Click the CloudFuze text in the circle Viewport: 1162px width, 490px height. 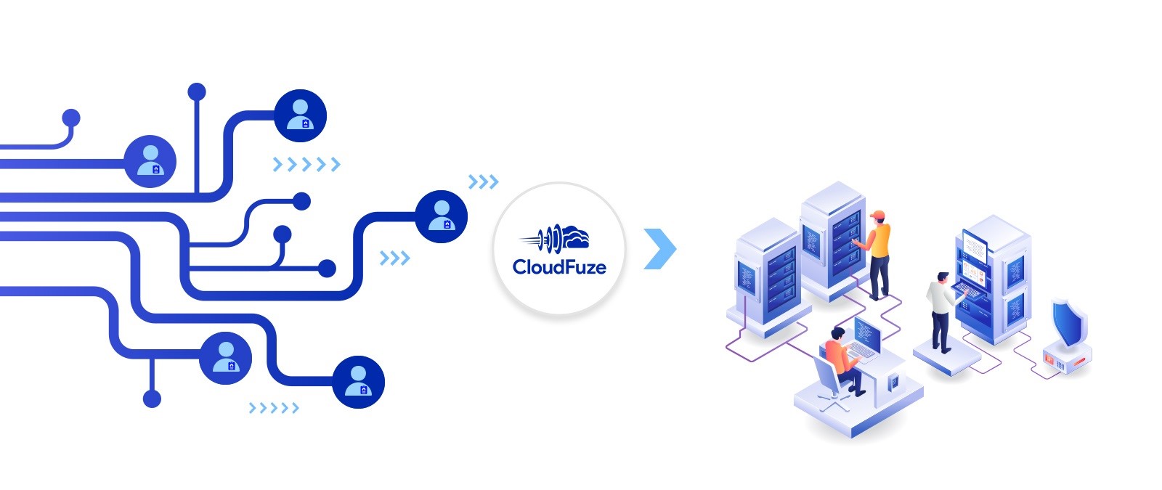(x=559, y=267)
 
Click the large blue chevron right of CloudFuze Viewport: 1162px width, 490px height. (x=659, y=249)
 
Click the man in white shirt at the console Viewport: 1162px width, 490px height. (x=940, y=311)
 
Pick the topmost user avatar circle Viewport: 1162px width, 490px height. (x=300, y=115)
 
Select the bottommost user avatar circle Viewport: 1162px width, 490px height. (x=358, y=382)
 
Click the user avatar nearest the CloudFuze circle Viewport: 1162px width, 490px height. (x=441, y=216)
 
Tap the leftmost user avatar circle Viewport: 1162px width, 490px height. (x=150, y=161)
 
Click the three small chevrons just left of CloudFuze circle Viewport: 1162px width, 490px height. (x=483, y=181)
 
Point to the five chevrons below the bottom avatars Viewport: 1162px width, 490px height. (x=274, y=408)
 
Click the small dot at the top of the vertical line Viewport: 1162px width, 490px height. (x=197, y=92)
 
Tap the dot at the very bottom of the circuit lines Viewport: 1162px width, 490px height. (x=152, y=399)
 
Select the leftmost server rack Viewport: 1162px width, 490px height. (x=766, y=276)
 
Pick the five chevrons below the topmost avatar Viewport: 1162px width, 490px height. (x=306, y=165)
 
